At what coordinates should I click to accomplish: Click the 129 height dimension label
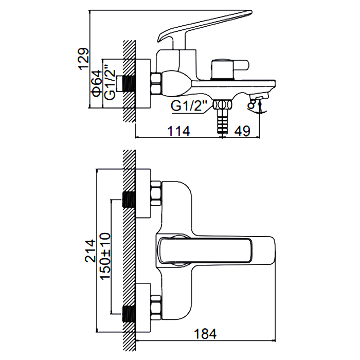pyautogui.click(x=83, y=59)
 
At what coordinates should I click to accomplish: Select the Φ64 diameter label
pyautogui.click(x=97, y=83)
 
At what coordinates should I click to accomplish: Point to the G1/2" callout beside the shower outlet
pyautogui.click(x=189, y=105)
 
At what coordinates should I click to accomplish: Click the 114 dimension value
pyautogui.click(x=178, y=131)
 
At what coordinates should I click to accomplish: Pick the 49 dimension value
pyautogui.click(x=242, y=131)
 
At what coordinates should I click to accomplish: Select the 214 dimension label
pyautogui.click(x=90, y=251)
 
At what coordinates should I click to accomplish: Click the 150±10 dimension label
pyautogui.click(x=105, y=256)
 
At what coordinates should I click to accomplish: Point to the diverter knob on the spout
pyautogui.click(x=230, y=68)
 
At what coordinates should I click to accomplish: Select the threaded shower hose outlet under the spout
pyautogui.click(x=222, y=116)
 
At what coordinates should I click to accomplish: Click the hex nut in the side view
pyautogui.click(x=156, y=83)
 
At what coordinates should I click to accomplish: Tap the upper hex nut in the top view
pyautogui.click(x=156, y=193)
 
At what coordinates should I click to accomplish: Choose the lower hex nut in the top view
pyautogui.click(x=156, y=308)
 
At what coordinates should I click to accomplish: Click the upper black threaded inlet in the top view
pyautogui.click(x=129, y=200)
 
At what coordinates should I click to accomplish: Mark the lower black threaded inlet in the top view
pyautogui.click(x=129, y=314)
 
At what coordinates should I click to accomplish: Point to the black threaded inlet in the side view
pyautogui.click(x=129, y=84)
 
